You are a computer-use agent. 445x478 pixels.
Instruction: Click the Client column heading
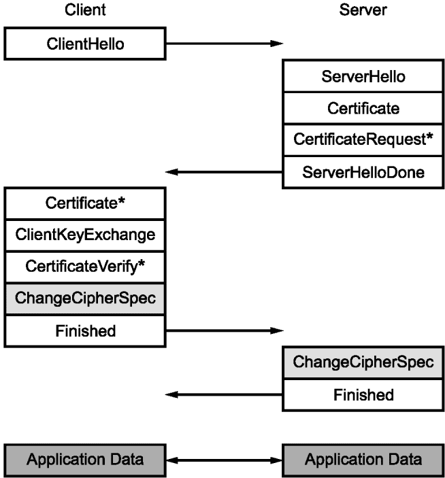(85, 10)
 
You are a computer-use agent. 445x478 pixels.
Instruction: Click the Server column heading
(363, 10)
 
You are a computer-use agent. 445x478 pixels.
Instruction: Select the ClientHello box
(85, 44)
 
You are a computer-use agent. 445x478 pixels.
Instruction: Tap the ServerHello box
(363, 76)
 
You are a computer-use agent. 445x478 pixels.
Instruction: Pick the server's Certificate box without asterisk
(363, 108)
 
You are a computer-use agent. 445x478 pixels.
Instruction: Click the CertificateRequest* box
(363, 140)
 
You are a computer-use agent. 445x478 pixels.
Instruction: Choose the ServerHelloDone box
(363, 172)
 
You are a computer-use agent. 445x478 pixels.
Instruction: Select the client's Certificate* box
(85, 203)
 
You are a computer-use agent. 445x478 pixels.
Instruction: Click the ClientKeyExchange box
(85, 235)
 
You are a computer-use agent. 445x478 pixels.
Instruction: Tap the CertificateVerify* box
(85, 267)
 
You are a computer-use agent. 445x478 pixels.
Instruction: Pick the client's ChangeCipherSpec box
(85, 298)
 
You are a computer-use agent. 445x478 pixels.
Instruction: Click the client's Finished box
(85, 331)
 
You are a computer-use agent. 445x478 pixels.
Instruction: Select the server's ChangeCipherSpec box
(363, 362)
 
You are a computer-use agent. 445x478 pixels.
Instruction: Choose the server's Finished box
(363, 395)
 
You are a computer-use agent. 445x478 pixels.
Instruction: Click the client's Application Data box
(85, 460)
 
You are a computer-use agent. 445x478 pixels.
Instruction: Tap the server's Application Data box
(363, 460)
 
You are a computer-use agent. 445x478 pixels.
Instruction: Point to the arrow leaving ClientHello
(225, 44)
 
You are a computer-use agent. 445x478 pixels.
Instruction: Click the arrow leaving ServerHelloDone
(224, 172)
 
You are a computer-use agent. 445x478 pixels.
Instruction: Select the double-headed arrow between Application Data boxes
(224, 460)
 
